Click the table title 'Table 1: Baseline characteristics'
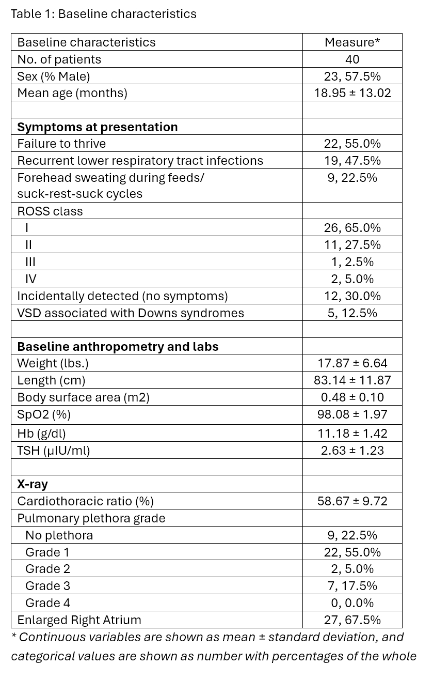[x=103, y=14]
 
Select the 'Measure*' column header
[x=352, y=42]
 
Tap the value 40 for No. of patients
[x=352, y=59]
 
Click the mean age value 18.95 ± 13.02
[x=352, y=93]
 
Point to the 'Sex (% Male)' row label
[x=54, y=76]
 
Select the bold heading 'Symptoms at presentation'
[x=98, y=127]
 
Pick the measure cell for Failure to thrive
[x=352, y=144]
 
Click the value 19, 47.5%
[x=352, y=161]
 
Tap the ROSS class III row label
[x=30, y=262]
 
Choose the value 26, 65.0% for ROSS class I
[x=352, y=228]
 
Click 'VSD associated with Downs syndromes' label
[x=131, y=313]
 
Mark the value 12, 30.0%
[x=352, y=296]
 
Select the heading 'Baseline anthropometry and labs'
[x=118, y=347]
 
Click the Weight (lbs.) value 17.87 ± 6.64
[x=352, y=363]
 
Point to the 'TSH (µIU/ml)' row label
[x=54, y=450]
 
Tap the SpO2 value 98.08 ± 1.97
[x=352, y=414]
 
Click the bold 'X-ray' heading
[x=33, y=484]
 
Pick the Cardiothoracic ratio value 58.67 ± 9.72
[x=352, y=501]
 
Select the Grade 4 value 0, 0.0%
[x=352, y=603]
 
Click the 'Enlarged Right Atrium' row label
[x=79, y=620]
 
